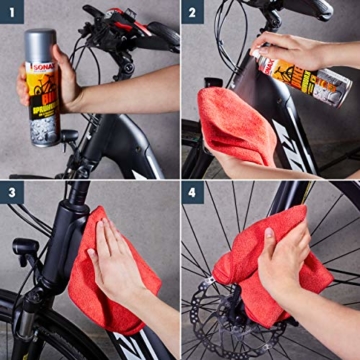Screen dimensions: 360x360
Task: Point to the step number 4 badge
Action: pyautogui.click(x=194, y=194)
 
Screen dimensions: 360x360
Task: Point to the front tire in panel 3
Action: pyautogui.click(x=20, y=340)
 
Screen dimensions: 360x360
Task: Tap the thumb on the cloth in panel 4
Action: pyautogui.click(x=268, y=240)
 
